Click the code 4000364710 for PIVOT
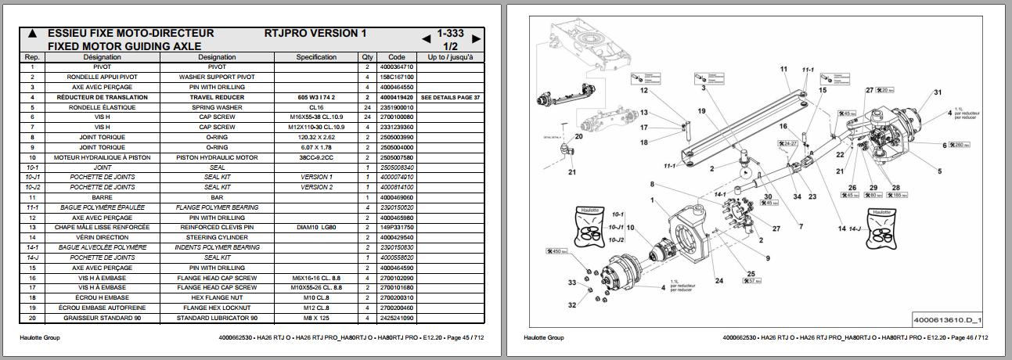pos(396,67)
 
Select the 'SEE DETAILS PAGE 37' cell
pos(450,97)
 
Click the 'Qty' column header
pos(367,57)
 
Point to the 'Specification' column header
pos(316,57)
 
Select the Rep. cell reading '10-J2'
pos(33,188)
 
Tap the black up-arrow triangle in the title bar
pos(32,34)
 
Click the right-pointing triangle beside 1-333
pos(476,38)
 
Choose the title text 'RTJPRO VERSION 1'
pos(315,34)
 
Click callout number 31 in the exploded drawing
pos(937,93)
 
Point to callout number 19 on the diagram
pos(701,111)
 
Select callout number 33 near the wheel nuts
pos(572,283)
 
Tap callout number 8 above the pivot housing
pos(650,185)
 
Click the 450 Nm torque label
pos(555,252)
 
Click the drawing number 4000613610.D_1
pos(948,320)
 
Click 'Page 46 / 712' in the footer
pos(971,338)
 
